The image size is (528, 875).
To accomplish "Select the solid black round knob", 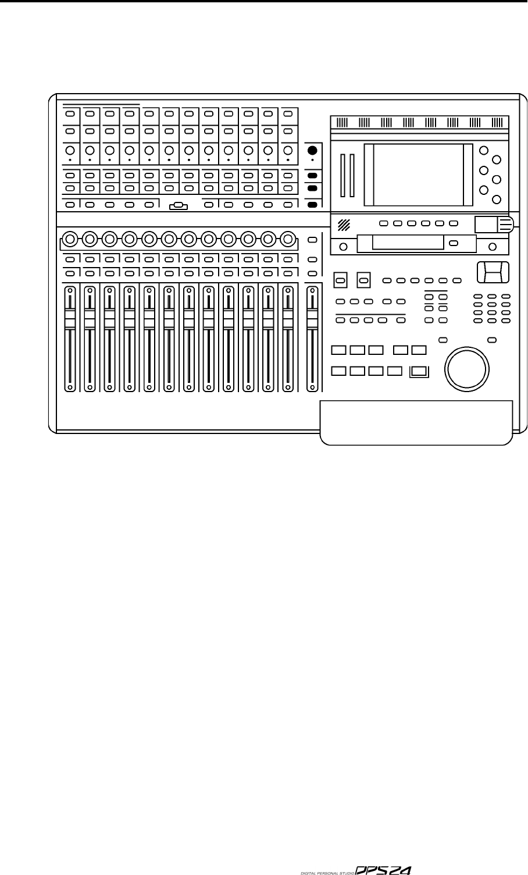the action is tap(312, 150).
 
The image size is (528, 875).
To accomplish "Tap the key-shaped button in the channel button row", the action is tap(179, 205).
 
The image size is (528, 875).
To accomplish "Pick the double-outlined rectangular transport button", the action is tap(419, 371).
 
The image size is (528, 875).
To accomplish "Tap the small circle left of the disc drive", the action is tap(344, 247).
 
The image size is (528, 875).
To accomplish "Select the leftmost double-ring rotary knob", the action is tap(70, 238).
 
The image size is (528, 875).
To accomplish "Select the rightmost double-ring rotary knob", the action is tap(287, 238).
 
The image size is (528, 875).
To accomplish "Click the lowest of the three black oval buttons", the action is tap(312, 205).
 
